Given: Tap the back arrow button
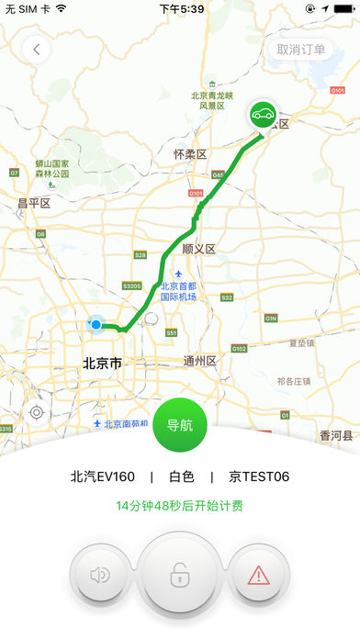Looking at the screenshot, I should [37, 50].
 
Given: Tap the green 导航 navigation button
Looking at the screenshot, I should [180, 426].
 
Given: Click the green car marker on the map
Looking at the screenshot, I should [263, 116].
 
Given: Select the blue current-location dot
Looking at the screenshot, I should [96, 324].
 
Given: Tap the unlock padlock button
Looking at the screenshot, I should [179, 577].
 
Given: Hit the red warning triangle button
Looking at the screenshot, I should [257, 576].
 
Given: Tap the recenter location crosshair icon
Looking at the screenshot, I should [37, 412].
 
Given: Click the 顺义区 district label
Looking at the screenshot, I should [198, 249].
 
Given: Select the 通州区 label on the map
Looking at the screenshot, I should [199, 361].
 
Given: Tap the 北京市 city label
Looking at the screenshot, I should [102, 363].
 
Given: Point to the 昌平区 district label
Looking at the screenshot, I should [33, 202].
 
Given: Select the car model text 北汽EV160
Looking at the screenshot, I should [103, 476].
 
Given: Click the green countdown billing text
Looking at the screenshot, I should [180, 506].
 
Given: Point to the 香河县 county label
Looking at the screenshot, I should [335, 436].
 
